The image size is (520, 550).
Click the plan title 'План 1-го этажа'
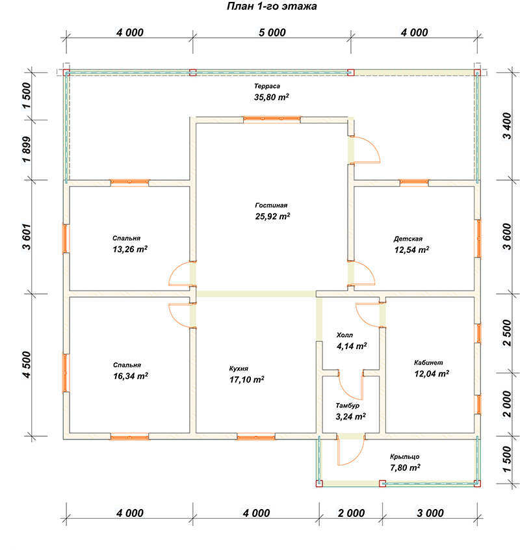coord(272,7)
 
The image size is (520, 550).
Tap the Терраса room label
coord(267,86)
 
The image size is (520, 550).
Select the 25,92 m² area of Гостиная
coord(272,216)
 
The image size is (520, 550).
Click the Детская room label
coord(408,239)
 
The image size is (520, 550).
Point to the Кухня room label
coord(239,369)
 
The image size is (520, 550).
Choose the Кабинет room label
coord(428,363)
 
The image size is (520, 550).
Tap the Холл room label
coord(344,335)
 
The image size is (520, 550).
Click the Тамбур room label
coord(348,406)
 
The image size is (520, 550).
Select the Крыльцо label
coord(405,456)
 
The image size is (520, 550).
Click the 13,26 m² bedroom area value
coord(130,250)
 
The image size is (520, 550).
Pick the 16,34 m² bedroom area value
coord(131,376)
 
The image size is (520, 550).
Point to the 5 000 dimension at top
coord(272,33)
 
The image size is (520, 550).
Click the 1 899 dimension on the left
coord(27,150)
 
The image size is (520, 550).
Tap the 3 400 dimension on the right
coord(507,126)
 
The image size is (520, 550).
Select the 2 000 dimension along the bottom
coord(352,513)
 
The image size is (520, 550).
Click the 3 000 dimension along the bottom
coord(430,513)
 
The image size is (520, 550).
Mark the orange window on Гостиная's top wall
coord(272,119)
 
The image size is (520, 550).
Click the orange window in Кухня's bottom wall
coord(256,437)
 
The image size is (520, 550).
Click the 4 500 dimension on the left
coord(27,365)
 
